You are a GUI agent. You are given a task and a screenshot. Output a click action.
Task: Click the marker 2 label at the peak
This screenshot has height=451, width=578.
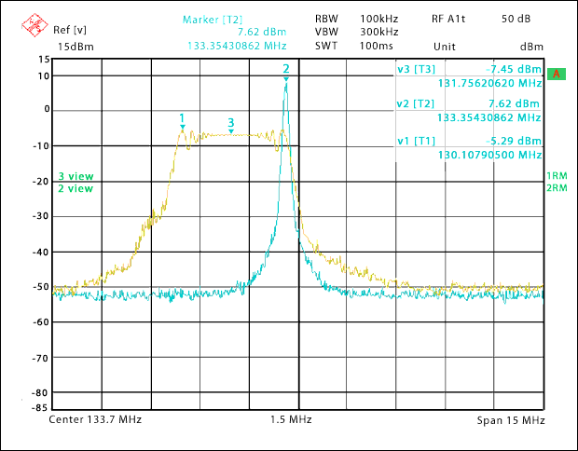coord(286,69)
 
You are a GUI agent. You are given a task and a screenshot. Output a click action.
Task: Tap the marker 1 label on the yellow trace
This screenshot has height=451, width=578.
coord(182,117)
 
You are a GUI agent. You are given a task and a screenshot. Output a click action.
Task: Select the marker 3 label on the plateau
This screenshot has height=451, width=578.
coord(230,123)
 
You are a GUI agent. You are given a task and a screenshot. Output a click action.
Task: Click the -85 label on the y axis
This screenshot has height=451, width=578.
coord(41,407)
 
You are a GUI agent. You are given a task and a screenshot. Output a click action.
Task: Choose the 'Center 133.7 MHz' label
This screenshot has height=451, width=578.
coord(94,421)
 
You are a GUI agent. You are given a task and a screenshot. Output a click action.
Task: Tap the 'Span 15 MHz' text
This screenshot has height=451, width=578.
coord(510,421)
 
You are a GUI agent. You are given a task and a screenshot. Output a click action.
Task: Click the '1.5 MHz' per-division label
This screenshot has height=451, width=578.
coord(291,421)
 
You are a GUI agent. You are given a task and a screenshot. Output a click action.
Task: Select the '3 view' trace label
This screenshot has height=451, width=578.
coord(76,176)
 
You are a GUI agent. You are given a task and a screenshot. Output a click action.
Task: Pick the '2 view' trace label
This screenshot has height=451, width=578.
coord(76,188)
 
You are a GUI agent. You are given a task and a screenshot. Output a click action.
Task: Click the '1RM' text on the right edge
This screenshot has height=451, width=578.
coord(557,176)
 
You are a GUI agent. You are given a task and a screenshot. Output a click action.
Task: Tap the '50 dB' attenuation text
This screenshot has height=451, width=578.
coord(516,19)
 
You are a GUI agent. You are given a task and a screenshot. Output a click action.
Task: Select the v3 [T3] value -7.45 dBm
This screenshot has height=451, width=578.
coord(514,69)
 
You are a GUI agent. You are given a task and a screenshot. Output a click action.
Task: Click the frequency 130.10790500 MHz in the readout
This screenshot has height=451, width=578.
coord(489,155)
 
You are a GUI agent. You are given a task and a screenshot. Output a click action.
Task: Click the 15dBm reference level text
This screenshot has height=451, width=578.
coord(76,46)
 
